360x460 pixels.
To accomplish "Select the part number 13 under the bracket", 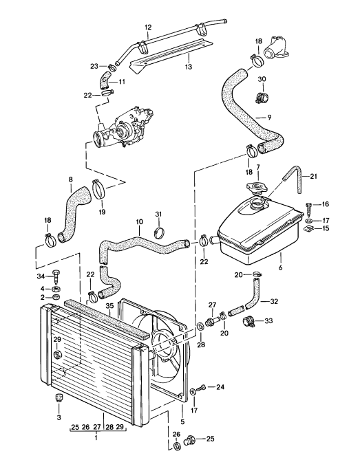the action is (188, 67).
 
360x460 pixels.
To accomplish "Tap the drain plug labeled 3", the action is (59, 397).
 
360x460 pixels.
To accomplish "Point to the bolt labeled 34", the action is (56, 276).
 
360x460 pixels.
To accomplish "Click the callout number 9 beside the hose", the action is (269, 118).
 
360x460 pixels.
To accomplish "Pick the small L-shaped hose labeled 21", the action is (295, 178).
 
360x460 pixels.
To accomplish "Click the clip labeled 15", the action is (308, 229).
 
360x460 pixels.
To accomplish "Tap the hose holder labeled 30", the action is (262, 97).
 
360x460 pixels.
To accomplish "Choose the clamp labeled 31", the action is (159, 232).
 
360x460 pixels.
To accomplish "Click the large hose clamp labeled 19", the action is (99, 189).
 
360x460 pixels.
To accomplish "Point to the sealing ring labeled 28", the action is (200, 326).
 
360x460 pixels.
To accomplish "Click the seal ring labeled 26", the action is (177, 446).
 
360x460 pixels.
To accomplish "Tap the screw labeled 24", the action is (201, 388).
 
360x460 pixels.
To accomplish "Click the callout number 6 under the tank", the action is (280, 267).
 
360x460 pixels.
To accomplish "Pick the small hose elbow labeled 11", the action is (105, 80).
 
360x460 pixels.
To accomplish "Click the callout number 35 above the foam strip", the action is (109, 305).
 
